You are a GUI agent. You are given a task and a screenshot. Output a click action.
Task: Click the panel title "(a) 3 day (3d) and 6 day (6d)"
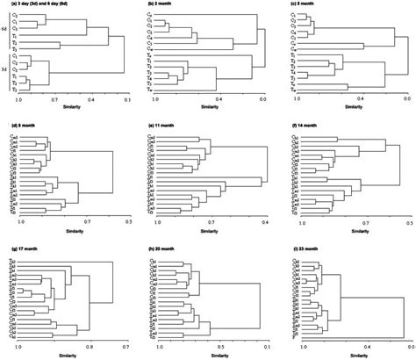coord(44,4)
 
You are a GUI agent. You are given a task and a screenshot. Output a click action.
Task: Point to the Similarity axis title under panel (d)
coord(72,232)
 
